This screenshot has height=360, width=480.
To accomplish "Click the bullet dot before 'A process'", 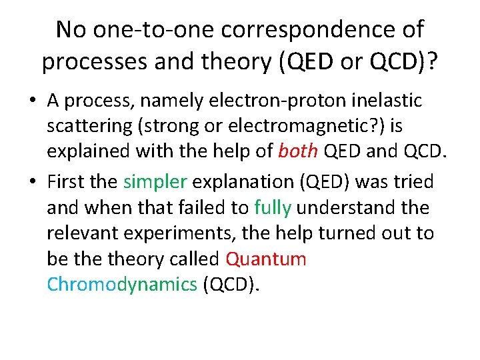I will pos(32,101).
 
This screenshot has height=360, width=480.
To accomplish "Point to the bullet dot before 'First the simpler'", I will pos(32,181).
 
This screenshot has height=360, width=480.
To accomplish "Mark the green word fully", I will pos(273,207).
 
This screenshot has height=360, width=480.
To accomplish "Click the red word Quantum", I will pos(266,259).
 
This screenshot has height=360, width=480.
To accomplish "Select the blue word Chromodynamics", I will pos(122,285).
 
